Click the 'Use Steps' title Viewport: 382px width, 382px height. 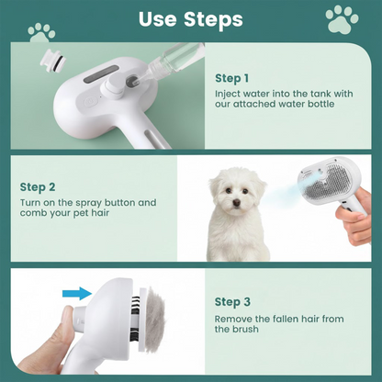pyautogui.click(x=190, y=19)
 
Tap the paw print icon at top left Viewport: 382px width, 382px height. pyautogui.click(x=41, y=32)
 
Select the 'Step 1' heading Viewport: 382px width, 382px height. pyautogui.click(x=231, y=78)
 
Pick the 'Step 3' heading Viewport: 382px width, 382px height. pyautogui.click(x=231, y=300)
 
